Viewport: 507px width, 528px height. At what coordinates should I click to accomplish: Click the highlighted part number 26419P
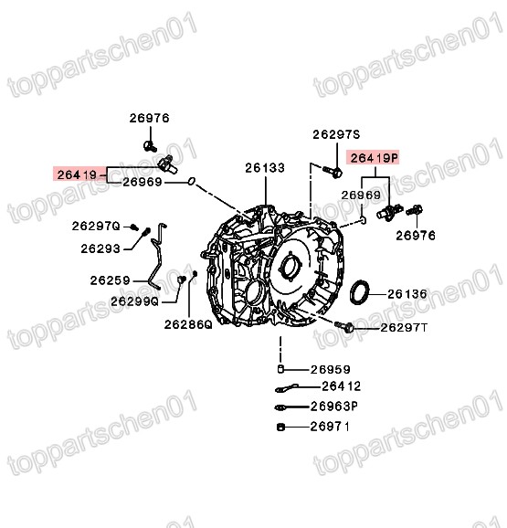pos(375,157)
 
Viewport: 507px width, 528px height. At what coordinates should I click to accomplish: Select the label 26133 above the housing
pos(264,168)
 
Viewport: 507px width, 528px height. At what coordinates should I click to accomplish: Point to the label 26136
pos(407,293)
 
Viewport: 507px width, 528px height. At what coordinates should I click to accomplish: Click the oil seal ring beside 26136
pos(362,292)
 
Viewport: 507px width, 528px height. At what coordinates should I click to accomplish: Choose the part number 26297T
pos(403,326)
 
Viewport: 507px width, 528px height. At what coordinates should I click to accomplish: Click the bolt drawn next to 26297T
pos(345,325)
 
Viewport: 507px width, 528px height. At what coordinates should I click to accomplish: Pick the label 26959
pos(330,369)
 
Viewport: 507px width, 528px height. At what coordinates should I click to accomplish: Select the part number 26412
pos(330,387)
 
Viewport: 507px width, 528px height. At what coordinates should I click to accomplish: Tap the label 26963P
pos(333,407)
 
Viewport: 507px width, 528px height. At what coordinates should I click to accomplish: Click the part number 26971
pos(330,426)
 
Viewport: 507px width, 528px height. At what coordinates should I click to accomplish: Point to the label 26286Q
pos(188,322)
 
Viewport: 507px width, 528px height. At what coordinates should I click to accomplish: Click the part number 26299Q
pos(134,300)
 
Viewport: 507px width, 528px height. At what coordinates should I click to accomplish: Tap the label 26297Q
pos(96,226)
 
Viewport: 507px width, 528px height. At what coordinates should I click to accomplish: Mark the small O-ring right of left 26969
pos(190,182)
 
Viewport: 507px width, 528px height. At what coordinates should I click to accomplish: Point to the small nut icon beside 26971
pos(280,426)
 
